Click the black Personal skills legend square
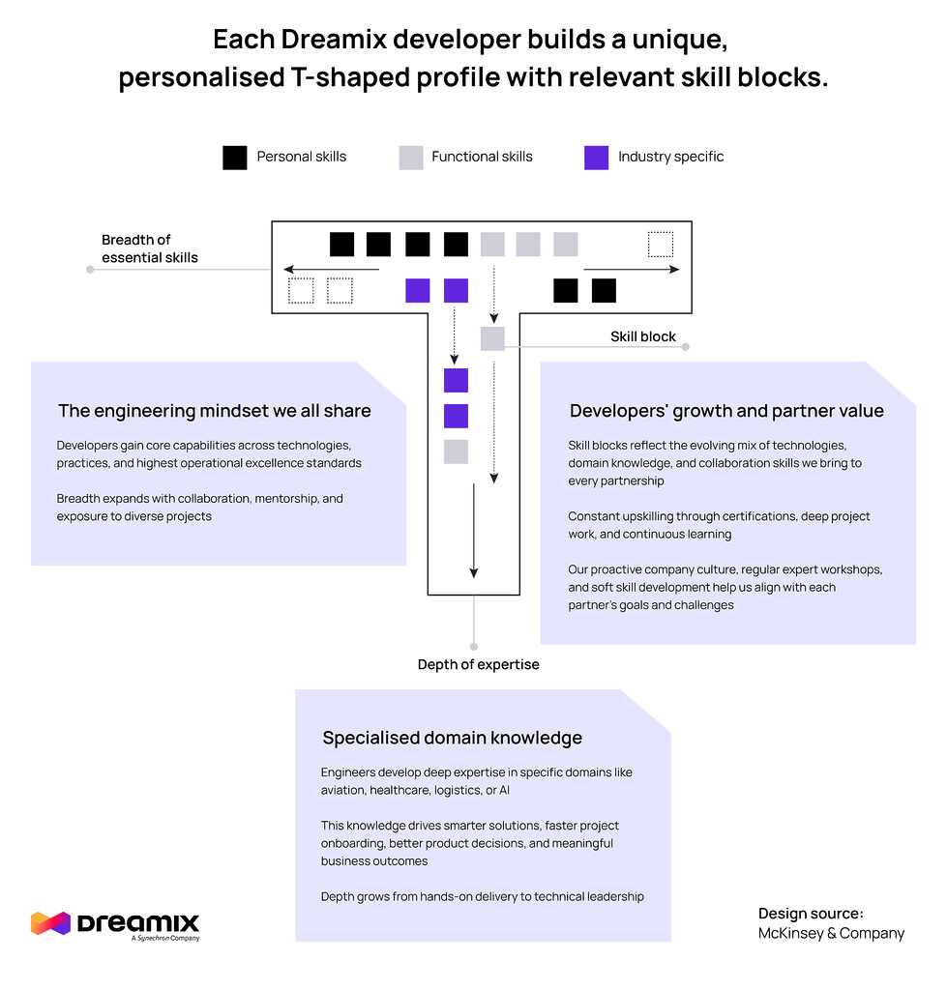click(234, 158)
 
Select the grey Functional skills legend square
click(411, 158)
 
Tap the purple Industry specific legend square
click(597, 158)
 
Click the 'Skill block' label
click(642, 336)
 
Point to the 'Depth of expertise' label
click(478, 664)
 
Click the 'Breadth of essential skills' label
click(150, 248)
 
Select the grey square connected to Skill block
click(492, 338)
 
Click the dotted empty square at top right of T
click(660, 245)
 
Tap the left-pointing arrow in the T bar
click(330, 270)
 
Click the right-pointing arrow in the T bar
click(632, 270)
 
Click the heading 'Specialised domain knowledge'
click(452, 738)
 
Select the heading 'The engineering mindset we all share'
click(214, 411)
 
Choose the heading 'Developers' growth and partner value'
click(726, 411)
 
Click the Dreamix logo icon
click(50, 922)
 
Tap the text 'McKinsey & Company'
click(831, 933)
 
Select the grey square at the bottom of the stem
click(456, 451)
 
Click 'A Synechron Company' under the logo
click(164, 938)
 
